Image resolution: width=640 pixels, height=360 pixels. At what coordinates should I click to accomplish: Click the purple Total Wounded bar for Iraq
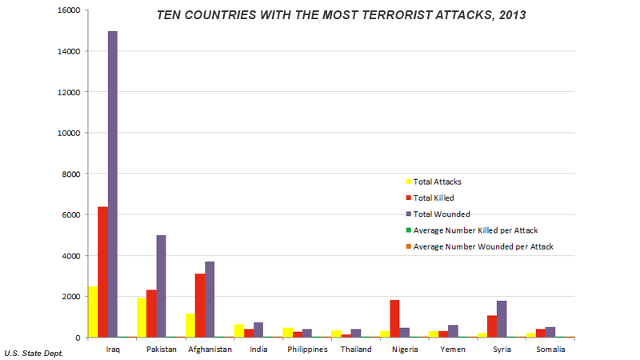click(113, 184)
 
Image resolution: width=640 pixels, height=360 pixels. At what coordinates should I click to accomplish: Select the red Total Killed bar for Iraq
click(103, 272)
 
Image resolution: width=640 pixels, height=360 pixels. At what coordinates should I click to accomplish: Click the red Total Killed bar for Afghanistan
click(199, 305)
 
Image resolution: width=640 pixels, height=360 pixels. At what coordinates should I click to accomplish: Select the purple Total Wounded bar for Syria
click(502, 318)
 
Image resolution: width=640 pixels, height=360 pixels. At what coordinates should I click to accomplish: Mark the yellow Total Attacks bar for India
click(239, 330)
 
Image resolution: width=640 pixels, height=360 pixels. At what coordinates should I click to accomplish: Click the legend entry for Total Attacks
click(437, 182)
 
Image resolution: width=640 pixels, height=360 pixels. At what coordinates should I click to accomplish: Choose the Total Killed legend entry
click(434, 198)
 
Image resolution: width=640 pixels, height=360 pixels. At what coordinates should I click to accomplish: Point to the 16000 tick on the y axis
click(67, 10)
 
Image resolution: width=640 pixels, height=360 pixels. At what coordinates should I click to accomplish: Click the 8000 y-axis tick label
click(70, 174)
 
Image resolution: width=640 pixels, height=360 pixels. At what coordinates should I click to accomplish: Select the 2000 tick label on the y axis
click(70, 296)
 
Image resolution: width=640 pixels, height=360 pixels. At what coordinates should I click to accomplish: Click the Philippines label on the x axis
click(306, 350)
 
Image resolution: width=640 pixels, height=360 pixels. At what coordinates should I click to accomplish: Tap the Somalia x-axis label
click(550, 350)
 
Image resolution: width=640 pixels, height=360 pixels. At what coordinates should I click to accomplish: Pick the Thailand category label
click(355, 350)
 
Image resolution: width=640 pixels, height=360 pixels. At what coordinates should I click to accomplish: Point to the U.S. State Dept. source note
click(34, 353)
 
